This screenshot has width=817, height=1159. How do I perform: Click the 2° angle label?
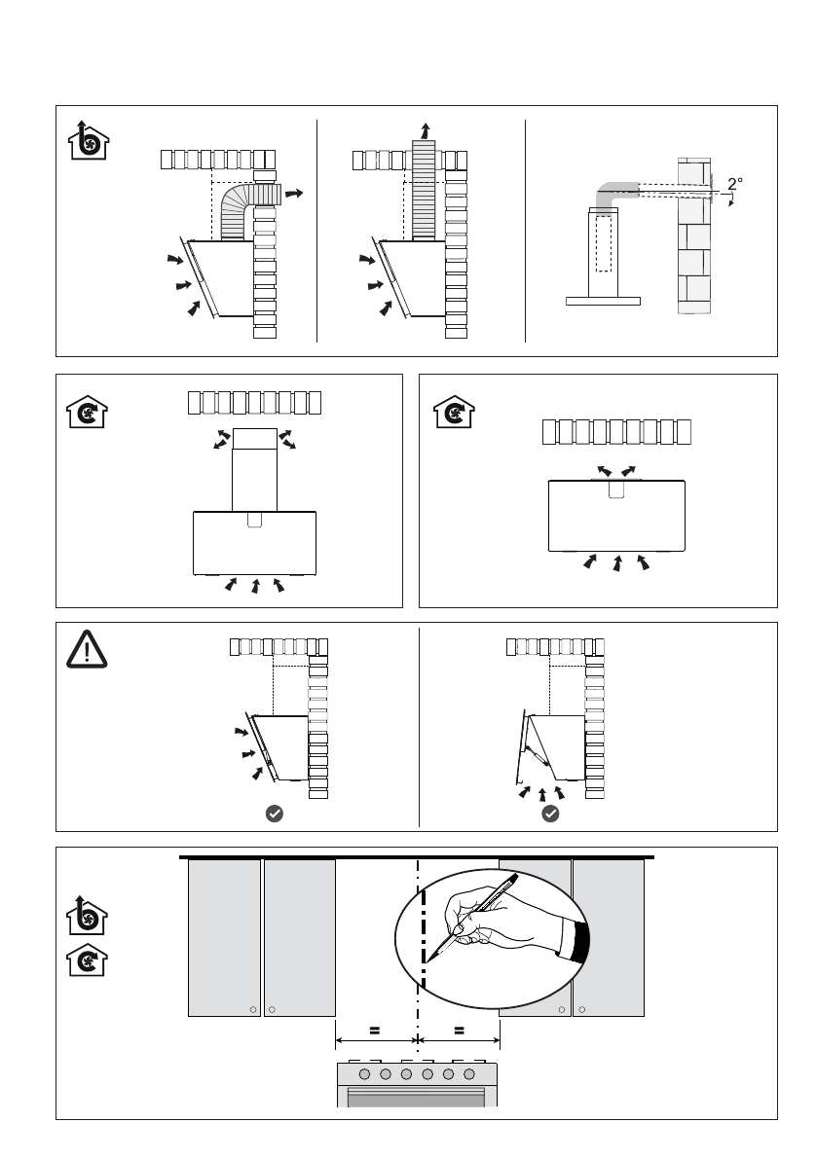click(x=735, y=183)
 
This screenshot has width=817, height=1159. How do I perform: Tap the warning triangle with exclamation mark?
click(x=87, y=650)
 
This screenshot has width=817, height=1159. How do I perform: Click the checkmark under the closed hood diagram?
click(x=275, y=814)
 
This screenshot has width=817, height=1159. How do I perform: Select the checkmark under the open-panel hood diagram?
click(x=551, y=814)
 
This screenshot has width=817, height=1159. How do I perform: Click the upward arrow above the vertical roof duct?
click(x=426, y=131)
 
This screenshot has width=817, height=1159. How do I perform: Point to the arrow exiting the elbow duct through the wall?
click(x=294, y=194)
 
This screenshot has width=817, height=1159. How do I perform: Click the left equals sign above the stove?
click(x=375, y=1030)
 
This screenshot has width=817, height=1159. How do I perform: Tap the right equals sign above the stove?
click(x=460, y=1030)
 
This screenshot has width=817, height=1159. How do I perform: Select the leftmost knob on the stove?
click(x=364, y=1074)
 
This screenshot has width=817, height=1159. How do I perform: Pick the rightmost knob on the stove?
click(x=468, y=1074)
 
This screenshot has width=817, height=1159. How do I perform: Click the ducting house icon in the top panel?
click(x=89, y=140)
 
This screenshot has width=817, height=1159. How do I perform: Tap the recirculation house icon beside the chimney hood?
click(x=88, y=412)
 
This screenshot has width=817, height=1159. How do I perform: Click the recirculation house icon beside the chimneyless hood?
click(x=454, y=412)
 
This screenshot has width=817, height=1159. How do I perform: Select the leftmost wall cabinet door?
click(x=225, y=937)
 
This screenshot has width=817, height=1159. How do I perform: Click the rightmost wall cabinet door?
click(x=609, y=937)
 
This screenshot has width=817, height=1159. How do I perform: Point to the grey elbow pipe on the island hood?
click(x=613, y=195)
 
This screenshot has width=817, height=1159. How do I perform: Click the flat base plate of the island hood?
click(x=604, y=301)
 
